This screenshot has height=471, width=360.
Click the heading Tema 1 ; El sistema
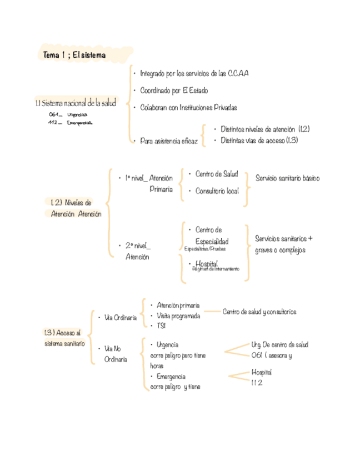74,55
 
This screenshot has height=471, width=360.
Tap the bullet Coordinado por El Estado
174,91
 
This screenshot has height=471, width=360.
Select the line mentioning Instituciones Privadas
188,107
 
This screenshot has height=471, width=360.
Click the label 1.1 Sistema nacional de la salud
76,103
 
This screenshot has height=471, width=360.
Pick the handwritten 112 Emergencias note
71,123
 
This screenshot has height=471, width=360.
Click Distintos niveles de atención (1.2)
264,129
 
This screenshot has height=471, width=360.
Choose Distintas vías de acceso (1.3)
259,141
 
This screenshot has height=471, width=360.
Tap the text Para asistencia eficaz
169,142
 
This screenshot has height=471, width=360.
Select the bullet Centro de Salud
217,174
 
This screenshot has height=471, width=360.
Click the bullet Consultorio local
217,191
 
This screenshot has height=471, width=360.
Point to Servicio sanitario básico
288,178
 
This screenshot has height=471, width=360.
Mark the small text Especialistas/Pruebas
205,249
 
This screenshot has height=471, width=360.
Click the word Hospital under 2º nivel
207,263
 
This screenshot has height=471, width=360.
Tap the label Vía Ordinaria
121,318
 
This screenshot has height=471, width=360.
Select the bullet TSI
161,325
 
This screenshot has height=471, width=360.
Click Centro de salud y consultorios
259,312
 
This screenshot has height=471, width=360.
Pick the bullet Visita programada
178,315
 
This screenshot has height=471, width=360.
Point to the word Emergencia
171,377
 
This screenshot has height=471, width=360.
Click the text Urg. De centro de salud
280,345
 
